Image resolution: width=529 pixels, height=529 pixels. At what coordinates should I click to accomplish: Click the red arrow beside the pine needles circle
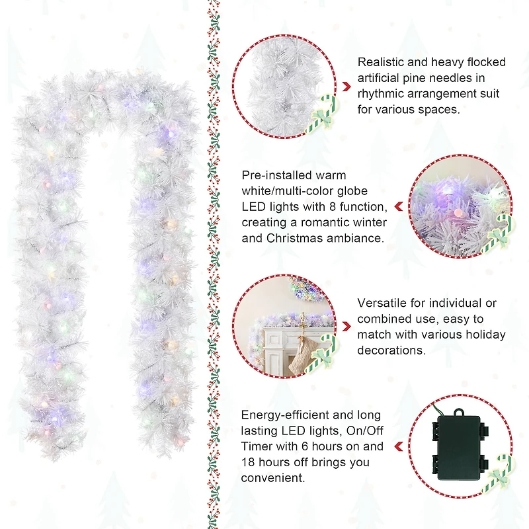346,87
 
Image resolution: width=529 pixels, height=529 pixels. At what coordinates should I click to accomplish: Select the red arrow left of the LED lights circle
399,207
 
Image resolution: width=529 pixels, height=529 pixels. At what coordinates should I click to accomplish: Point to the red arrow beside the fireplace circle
346,326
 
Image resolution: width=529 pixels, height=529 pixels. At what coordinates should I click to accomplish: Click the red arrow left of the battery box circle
399,446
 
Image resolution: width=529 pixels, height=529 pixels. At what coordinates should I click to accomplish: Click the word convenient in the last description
272,478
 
